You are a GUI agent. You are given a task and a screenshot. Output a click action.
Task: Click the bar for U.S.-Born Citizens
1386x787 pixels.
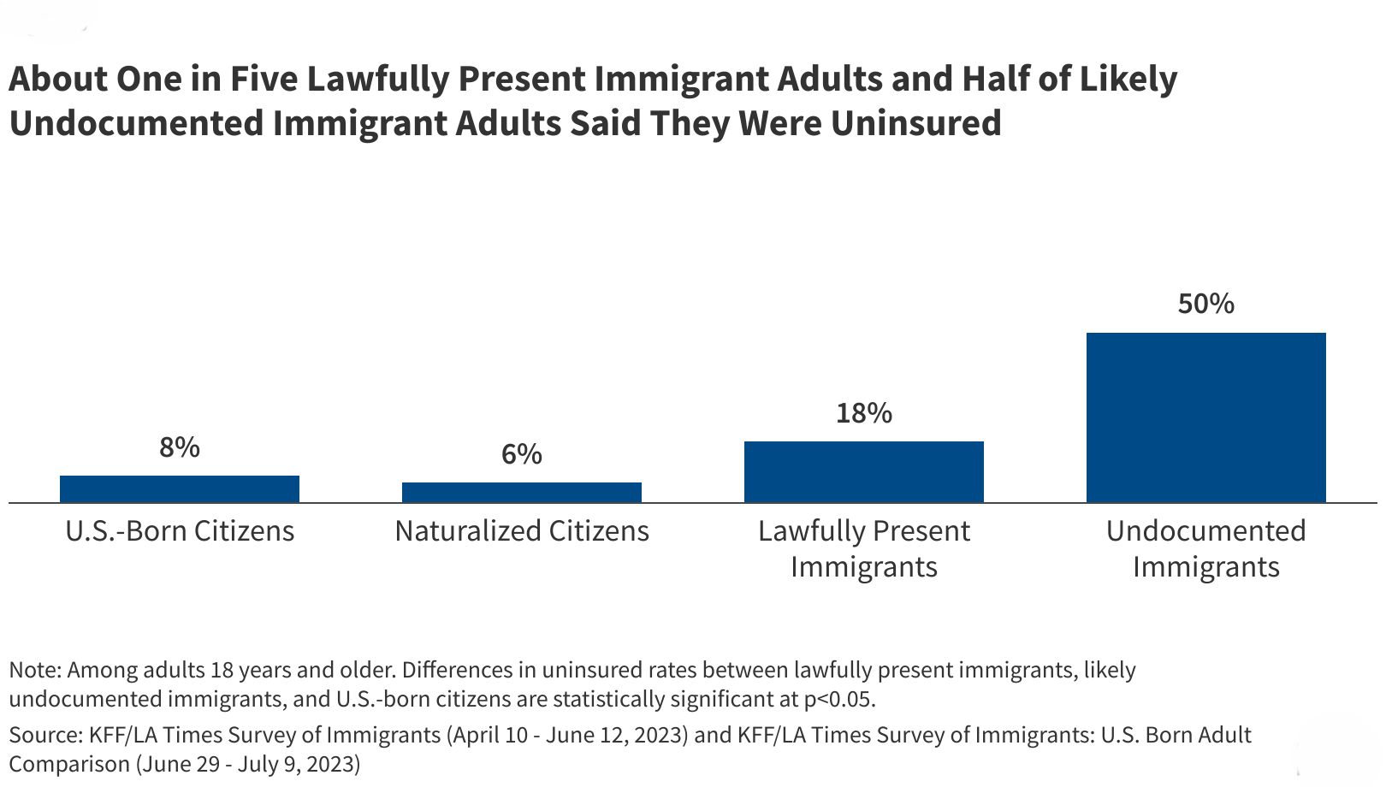coord(180,488)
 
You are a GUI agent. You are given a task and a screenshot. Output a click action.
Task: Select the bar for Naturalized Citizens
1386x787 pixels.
coord(522,492)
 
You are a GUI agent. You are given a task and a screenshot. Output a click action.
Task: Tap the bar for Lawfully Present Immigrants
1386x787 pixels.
coord(864,471)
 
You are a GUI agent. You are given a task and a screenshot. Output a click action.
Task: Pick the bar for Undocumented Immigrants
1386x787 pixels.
coord(1206,417)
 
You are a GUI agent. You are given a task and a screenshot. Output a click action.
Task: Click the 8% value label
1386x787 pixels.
coord(180,447)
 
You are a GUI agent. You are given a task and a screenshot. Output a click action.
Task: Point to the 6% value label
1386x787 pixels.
coord(522,454)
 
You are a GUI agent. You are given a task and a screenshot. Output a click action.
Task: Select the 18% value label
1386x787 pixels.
coord(864,413)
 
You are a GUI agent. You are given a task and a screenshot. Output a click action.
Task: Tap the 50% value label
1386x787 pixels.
coord(1206,304)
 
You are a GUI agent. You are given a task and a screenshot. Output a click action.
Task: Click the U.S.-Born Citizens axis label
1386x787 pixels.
coord(180,531)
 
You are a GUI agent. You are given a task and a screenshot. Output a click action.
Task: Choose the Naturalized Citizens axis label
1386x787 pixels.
coord(522,531)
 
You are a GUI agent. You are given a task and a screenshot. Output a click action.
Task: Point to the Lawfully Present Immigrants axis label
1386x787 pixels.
coord(864,548)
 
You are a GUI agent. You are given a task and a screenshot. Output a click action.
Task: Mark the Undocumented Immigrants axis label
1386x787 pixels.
coord(1206,548)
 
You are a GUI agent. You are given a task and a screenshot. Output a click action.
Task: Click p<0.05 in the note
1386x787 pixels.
coord(839,700)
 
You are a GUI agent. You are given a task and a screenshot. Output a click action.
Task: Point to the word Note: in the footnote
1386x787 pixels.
coord(34,670)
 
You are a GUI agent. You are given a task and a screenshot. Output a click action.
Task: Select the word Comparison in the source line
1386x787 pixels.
coord(68,764)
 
